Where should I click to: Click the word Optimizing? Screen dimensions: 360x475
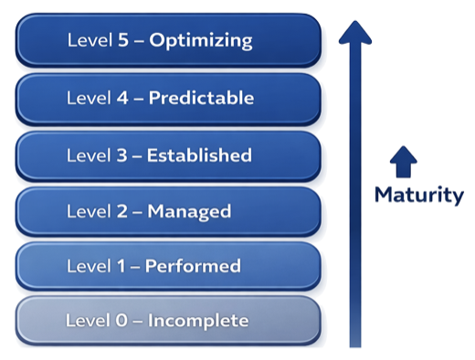click(x=202, y=40)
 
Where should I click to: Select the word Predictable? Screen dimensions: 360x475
click(x=201, y=98)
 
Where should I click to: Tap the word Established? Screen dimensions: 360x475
click(x=200, y=154)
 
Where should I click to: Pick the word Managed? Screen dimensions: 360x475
click(x=189, y=211)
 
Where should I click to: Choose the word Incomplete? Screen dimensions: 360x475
click(x=198, y=321)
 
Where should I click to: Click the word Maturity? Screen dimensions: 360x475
click(x=419, y=195)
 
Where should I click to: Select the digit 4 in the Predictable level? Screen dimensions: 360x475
click(x=121, y=98)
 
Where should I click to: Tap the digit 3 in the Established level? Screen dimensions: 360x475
click(x=121, y=154)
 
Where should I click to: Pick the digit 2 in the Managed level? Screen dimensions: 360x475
click(x=121, y=211)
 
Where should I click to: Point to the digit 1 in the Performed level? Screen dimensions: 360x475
click(x=121, y=267)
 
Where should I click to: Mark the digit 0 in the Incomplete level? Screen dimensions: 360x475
click(x=121, y=321)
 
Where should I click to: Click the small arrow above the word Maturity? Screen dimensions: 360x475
click(x=402, y=162)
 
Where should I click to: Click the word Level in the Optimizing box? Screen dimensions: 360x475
click(x=88, y=40)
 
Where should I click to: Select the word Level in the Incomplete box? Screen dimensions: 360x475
click(x=88, y=321)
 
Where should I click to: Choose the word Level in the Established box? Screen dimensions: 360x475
click(x=88, y=154)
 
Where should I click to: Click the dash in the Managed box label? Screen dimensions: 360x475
click(x=138, y=212)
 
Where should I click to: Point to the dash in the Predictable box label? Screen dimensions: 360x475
click(x=138, y=99)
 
